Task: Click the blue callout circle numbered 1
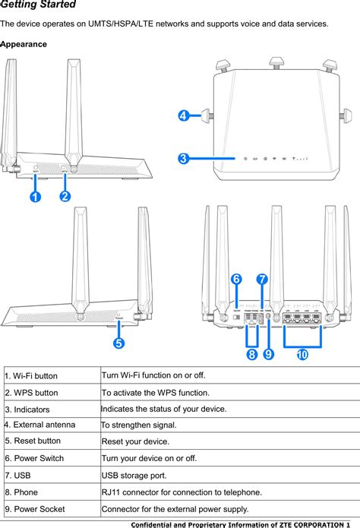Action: (x=35, y=197)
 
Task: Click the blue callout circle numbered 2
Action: (x=65, y=197)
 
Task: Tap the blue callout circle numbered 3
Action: (x=184, y=159)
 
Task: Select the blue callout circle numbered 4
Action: (x=184, y=116)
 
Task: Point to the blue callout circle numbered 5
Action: (x=119, y=343)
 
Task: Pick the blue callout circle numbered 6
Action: (x=236, y=279)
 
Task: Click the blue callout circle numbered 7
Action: (x=262, y=279)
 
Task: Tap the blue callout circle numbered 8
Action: (x=251, y=354)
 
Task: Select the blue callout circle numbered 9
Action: (x=269, y=354)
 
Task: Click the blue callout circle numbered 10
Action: (x=302, y=354)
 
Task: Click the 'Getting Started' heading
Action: (x=38, y=5)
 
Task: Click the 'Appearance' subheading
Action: (x=24, y=45)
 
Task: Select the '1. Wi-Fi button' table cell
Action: (x=31, y=376)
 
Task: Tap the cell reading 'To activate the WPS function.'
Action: (x=156, y=393)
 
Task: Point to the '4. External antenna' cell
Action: (x=39, y=425)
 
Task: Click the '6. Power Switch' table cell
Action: (x=34, y=458)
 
